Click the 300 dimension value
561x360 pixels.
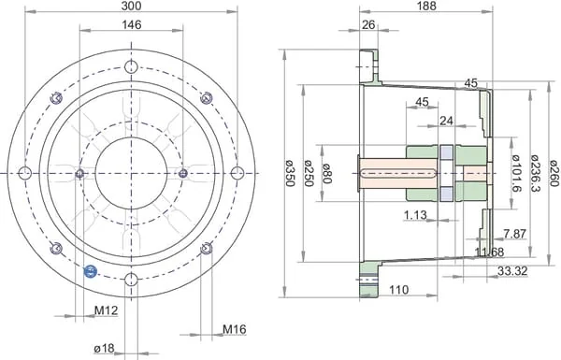[131, 6]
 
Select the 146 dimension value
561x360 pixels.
[132, 24]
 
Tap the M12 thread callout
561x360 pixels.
[106, 310]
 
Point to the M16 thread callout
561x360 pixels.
[235, 329]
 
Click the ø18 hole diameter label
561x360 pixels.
[104, 348]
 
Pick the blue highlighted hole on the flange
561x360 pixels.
[90, 271]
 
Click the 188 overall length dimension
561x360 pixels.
[427, 6]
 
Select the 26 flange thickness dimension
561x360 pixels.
[368, 24]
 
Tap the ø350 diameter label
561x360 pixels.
[290, 174]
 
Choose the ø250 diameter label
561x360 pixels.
[309, 174]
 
